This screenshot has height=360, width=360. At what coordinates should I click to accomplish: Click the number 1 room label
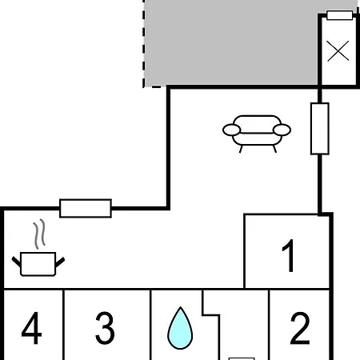coord(289,255)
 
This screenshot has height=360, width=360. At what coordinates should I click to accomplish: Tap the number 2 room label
coord(300,328)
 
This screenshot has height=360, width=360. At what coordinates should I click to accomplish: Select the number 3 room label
coord(105,328)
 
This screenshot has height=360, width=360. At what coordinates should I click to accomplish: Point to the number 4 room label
coord(31,328)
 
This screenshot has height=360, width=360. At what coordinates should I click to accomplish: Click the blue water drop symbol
coord(180,328)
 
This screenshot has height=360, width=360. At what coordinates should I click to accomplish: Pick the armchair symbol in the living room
coord(257,134)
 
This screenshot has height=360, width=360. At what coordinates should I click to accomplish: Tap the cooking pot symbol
coord(38,264)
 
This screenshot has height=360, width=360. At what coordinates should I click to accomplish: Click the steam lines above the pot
coord(39,234)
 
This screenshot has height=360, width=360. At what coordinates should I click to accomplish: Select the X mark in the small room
coord(338,51)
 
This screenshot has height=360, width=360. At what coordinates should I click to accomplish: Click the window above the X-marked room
coord(340,15)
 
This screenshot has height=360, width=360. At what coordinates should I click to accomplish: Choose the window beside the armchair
coord(320,129)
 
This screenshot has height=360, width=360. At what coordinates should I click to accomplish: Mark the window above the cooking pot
coord(86,208)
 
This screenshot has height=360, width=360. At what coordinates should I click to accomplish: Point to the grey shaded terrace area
coord(230,42)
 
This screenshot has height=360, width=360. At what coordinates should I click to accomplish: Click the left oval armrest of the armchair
coord(231,130)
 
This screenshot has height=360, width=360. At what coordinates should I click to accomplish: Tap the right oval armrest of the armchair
coord(282,130)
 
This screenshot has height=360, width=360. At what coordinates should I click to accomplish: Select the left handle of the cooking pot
coord(16,262)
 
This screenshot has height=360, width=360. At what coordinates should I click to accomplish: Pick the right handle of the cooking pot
coord(60,262)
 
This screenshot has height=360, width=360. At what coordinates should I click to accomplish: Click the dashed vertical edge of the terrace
coord(144,43)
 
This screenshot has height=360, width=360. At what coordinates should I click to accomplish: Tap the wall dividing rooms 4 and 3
coord(64,325)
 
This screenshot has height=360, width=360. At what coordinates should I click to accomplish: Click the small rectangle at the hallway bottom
coord(242,359)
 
